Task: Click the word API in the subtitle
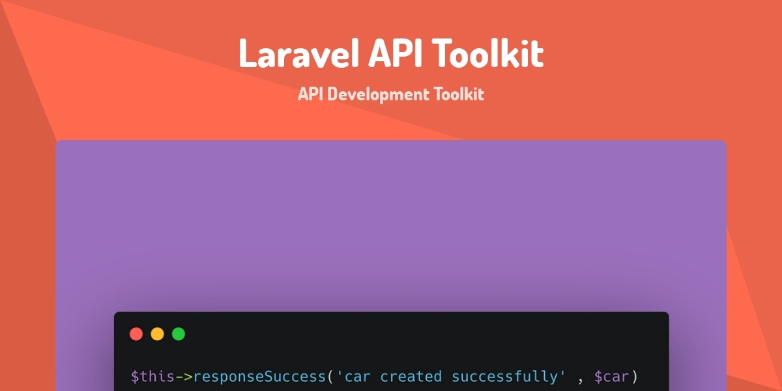[x=310, y=94]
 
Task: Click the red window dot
[x=136, y=334]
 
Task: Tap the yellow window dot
[x=157, y=334]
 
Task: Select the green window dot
[x=179, y=334]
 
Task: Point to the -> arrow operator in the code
[x=184, y=377]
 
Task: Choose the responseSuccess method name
[x=259, y=377]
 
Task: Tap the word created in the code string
[x=411, y=377]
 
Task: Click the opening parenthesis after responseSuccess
[x=330, y=377]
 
